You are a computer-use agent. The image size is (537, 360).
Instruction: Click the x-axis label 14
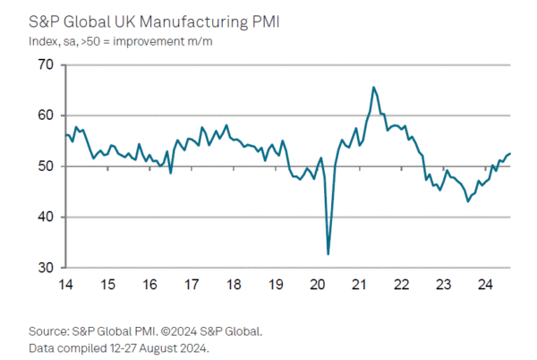[x=65, y=286]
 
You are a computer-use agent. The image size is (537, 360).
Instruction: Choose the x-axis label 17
[x=191, y=286]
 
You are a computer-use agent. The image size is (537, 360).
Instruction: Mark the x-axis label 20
[x=317, y=286]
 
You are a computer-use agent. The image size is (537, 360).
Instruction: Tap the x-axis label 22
[x=401, y=286]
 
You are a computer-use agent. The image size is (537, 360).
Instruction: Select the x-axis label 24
[x=484, y=286]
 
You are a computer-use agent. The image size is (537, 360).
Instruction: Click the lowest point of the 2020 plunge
[x=328, y=254]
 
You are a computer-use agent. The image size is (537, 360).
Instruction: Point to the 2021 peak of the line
[x=373, y=87]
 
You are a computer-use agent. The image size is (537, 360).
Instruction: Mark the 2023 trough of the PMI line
[x=468, y=201]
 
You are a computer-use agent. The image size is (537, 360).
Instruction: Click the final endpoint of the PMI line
[x=510, y=154]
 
